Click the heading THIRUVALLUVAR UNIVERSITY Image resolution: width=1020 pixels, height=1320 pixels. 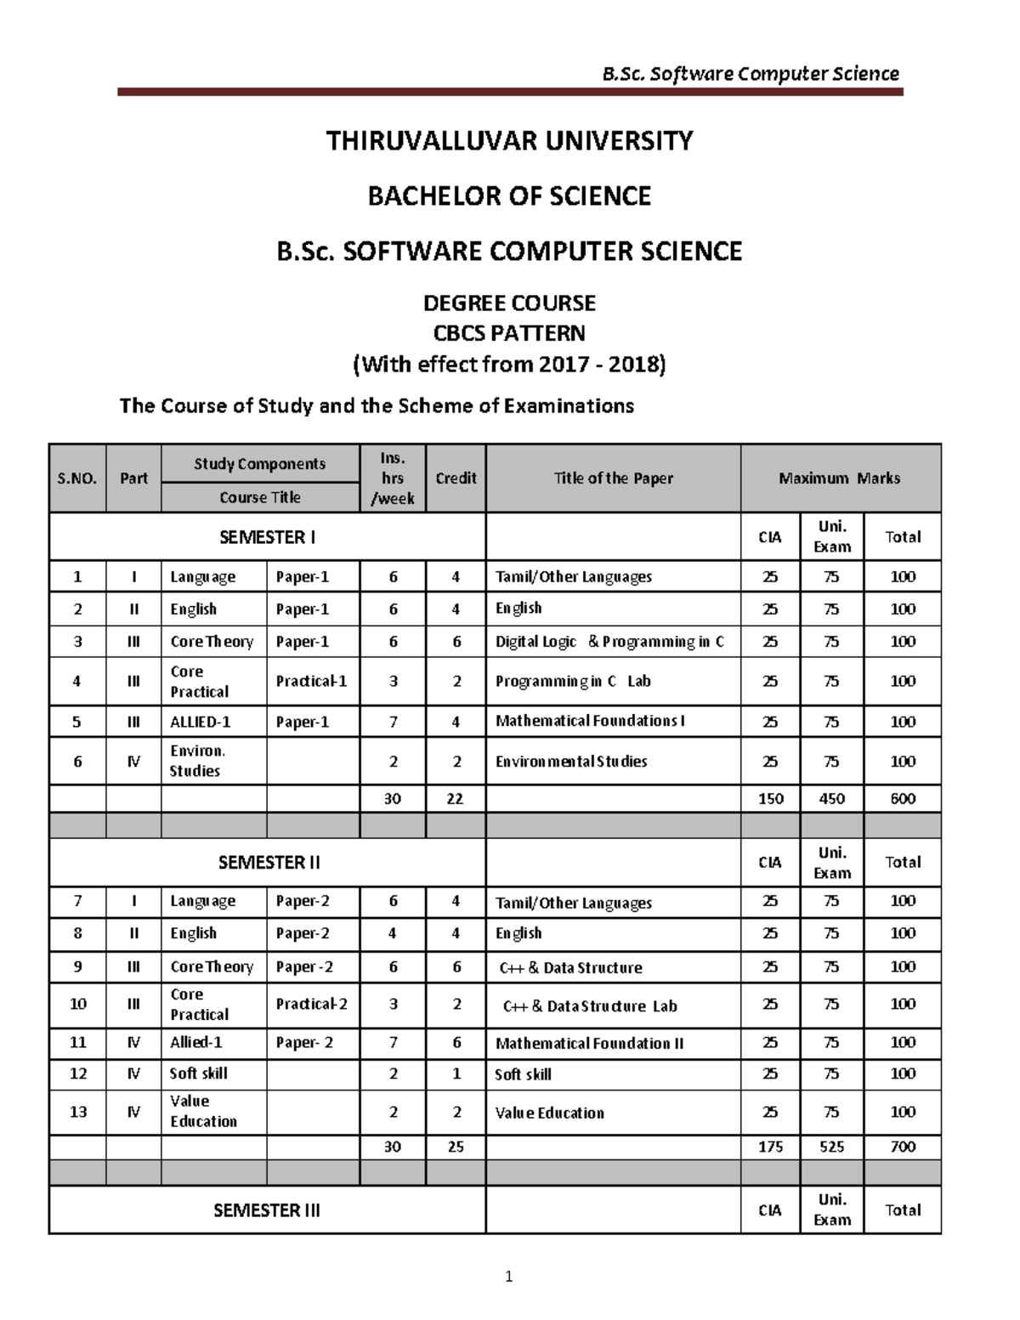point(509,140)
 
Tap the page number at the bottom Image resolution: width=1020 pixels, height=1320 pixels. point(508,1276)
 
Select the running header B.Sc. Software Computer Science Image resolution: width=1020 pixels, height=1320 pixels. point(750,74)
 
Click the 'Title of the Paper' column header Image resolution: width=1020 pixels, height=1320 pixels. point(613,479)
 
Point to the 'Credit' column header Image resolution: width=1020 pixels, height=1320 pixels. point(456,479)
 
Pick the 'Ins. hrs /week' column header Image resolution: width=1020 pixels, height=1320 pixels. point(393,479)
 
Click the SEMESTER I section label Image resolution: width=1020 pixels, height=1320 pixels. point(267,537)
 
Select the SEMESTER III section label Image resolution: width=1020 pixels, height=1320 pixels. point(267,1210)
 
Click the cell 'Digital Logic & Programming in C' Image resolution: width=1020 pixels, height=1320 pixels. point(609,642)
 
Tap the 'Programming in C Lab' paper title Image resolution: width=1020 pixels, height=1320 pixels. point(573,681)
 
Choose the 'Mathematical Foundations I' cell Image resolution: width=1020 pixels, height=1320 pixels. point(590,721)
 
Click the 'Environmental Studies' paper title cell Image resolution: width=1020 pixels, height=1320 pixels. point(571,762)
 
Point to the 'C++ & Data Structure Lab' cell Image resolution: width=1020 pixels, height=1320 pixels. point(590,1006)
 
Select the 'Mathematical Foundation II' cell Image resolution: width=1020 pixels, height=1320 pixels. point(589,1044)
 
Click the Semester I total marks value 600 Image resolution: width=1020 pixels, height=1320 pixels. point(903,799)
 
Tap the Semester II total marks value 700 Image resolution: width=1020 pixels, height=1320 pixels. point(903,1147)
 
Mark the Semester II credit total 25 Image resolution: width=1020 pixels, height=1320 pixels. point(456,1147)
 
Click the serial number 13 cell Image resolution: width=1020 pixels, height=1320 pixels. point(77,1112)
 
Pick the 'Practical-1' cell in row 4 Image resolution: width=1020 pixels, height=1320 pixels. point(311,681)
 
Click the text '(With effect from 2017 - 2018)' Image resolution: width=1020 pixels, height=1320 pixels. point(509,365)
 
